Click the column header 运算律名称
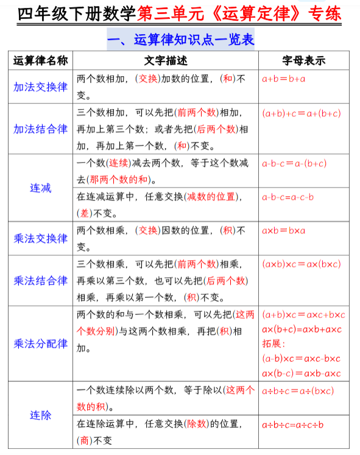point(40,60)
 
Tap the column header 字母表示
point(304,60)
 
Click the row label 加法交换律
point(40,86)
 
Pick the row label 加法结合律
point(40,129)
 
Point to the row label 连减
point(40,188)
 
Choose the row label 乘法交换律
point(40,238)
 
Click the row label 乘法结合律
point(40,280)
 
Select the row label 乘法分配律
point(40,343)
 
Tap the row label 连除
point(40,415)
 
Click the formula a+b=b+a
point(284,79)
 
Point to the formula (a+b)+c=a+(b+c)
point(302,113)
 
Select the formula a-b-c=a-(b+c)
point(294,163)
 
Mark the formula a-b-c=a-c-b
point(288,197)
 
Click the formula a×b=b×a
point(284,231)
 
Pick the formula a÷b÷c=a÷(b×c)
point(298,390)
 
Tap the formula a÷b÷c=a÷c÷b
point(293,425)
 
